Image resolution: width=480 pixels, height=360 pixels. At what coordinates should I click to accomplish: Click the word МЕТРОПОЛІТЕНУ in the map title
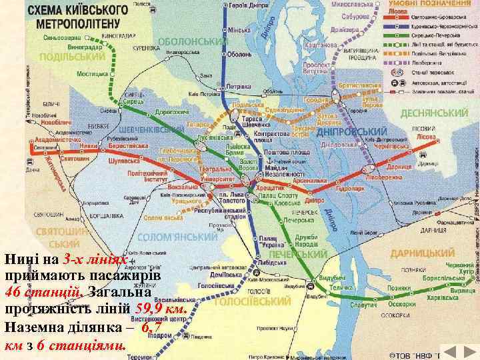[x=78, y=24]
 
